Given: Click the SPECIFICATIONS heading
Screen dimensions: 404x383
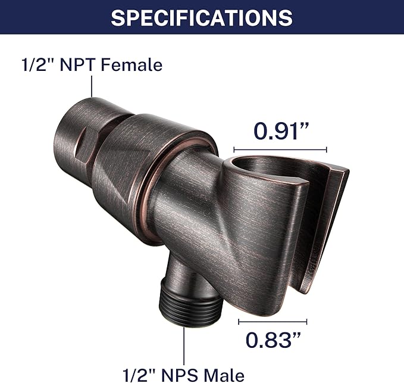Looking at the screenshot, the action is [x=202, y=17].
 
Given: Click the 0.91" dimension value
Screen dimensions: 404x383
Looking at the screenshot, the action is [x=281, y=131].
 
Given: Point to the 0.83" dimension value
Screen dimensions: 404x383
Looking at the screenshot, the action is [x=273, y=340].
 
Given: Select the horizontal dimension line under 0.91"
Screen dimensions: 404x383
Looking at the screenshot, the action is [x=280, y=150].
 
